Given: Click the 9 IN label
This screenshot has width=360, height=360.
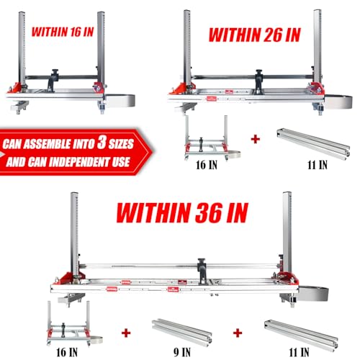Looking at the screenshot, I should (x=177, y=354).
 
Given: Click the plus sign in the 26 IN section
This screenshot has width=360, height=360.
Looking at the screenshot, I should (x=255, y=137).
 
